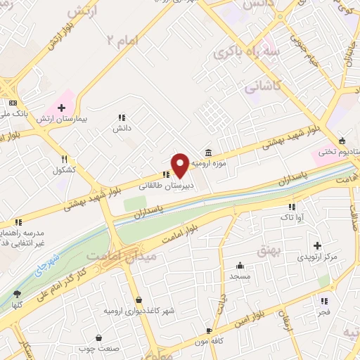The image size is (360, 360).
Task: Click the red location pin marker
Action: (x=180, y=165)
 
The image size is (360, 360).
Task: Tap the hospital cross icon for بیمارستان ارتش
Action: (x=62, y=108)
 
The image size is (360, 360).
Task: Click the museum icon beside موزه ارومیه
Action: (x=209, y=153)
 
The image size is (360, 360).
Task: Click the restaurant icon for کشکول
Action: (x=64, y=159)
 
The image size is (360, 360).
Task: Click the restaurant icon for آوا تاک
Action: (x=292, y=207)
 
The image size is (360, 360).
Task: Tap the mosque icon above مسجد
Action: (x=240, y=265)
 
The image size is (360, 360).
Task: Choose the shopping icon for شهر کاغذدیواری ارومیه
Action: (x=139, y=300)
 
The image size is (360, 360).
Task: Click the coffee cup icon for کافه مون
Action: (x=209, y=330)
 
